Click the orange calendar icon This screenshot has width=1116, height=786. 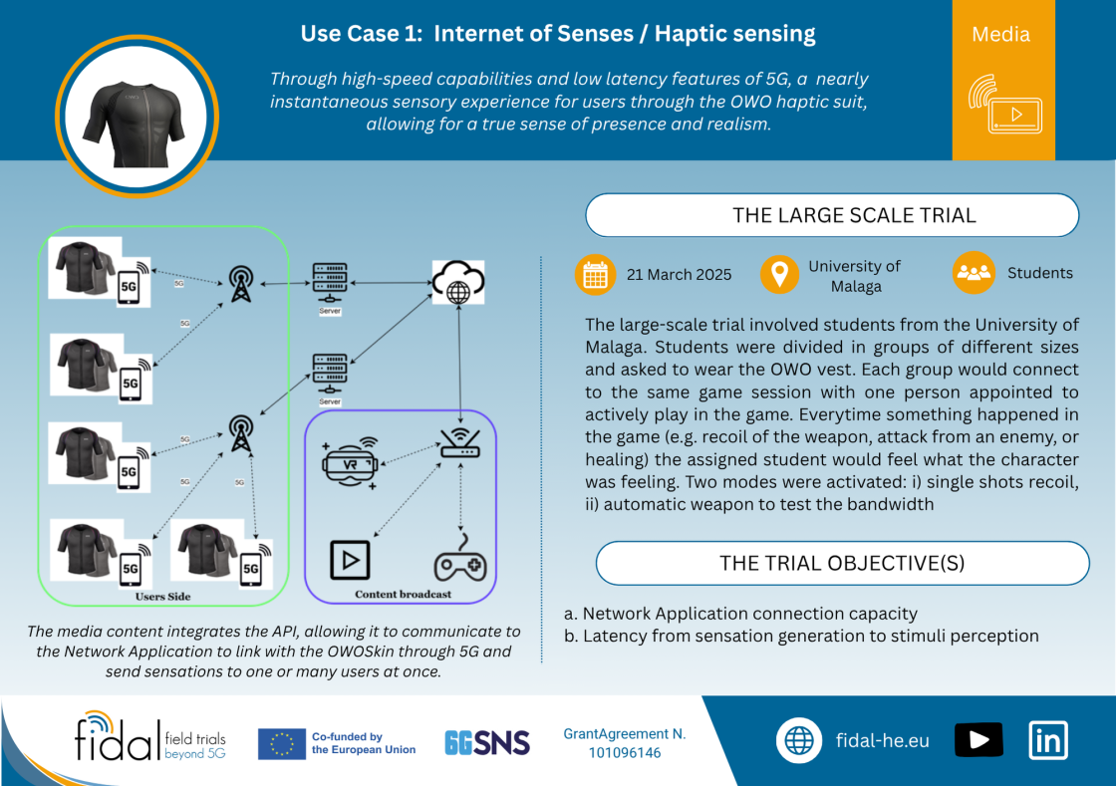tap(595, 275)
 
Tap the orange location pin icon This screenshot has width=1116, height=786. tap(779, 274)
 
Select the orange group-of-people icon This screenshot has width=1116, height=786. tap(974, 272)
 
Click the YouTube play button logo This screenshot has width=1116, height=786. tap(978, 740)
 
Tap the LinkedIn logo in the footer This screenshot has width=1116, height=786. tap(1048, 740)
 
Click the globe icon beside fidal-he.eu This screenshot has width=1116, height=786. tap(798, 740)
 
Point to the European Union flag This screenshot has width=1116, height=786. tap(282, 744)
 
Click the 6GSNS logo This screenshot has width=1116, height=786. tap(487, 742)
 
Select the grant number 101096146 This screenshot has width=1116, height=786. tap(625, 752)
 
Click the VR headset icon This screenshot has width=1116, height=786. tap(350, 463)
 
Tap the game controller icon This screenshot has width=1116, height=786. tap(460, 558)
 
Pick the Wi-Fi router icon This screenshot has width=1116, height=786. tap(460, 442)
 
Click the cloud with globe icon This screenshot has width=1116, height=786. tap(458, 282)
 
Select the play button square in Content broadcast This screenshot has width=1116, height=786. tap(350, 560)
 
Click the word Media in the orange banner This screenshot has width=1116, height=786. tap(1000, 34)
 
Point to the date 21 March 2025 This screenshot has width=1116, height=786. tap(679, 275)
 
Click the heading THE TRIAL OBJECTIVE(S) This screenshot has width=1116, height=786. tap(842, 564)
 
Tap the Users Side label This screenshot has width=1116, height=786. tap(163, 596)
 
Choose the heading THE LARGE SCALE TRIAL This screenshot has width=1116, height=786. tap(854, 215)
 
